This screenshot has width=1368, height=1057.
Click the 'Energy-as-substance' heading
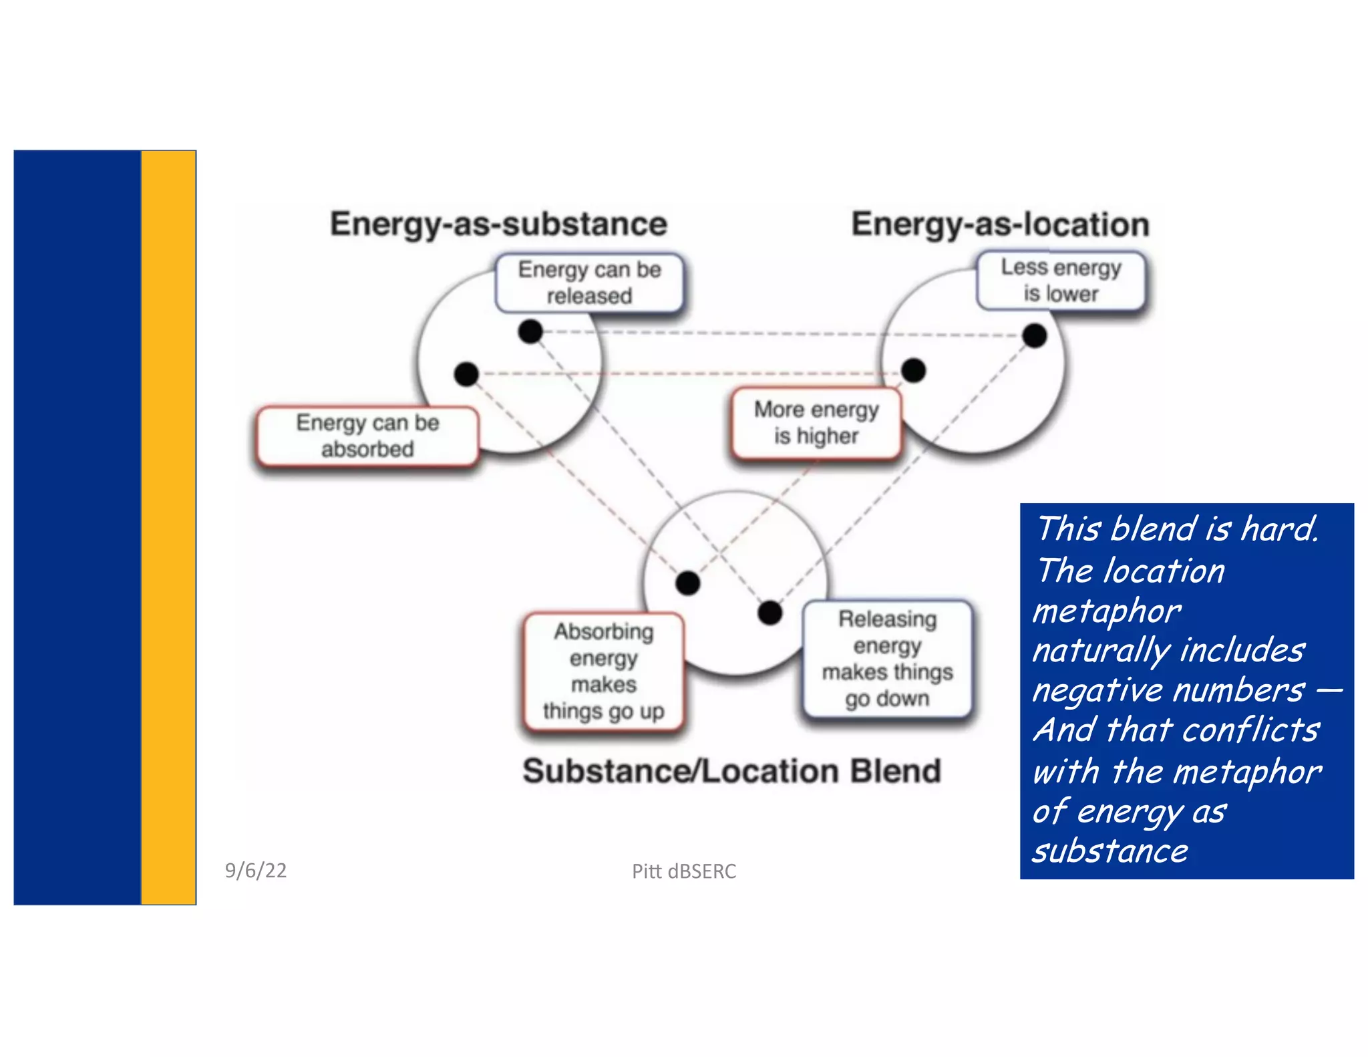coord(498,224)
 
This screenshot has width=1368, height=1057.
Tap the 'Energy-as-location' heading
coord(1000,224)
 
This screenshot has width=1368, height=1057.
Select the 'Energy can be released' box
coord(589,283)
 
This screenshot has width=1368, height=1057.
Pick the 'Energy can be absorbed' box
coord(367,436)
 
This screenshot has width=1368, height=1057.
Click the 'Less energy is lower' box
coord(1061,281)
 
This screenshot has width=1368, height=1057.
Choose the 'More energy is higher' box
coord(816,423)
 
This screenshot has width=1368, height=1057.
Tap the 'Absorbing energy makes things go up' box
coord(604,671)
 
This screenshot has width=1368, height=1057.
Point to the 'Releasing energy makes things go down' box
coord(887,659)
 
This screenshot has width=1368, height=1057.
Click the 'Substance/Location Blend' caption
coord(731,771)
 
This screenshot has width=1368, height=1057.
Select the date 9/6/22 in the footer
coord(256,870)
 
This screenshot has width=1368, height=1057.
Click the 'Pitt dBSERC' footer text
coord(684,871)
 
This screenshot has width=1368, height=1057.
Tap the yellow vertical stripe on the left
coord(168,528)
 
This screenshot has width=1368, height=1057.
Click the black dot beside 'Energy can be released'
coord(530,331)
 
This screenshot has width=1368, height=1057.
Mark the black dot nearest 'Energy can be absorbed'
coord(466,374)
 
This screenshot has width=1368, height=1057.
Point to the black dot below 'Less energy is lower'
coord(1035,335)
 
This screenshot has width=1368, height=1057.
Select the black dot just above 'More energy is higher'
coord(913,370)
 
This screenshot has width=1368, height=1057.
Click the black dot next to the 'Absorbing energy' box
coord(687,583)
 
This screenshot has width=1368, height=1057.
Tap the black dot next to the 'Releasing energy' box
coord(770,612)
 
